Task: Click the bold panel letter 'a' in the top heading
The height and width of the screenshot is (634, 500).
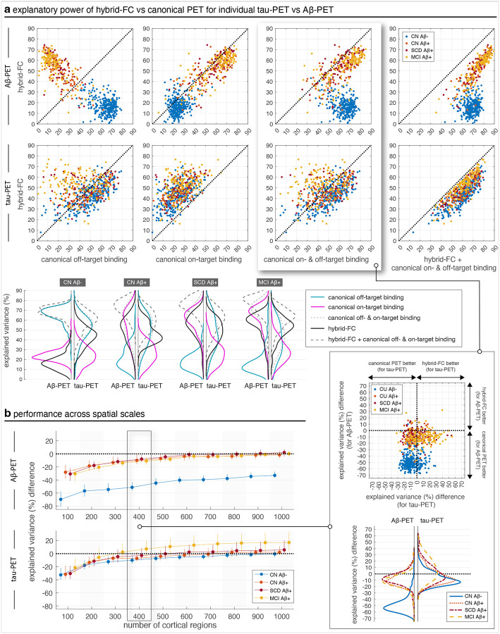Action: tap(7, 8)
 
